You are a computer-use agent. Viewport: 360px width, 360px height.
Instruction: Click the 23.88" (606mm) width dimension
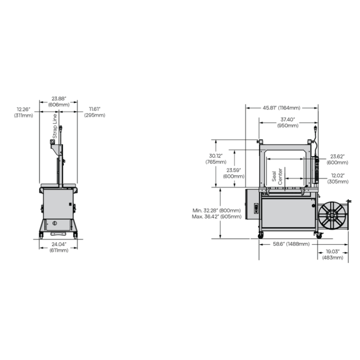click(x=59, y=101)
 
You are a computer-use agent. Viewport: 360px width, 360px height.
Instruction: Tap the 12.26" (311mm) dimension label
click(x=23, y=112)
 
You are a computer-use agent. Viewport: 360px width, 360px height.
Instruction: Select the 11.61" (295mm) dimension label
click(x=94, y=112)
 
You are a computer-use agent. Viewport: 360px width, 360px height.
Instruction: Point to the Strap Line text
click(x=55, y=126)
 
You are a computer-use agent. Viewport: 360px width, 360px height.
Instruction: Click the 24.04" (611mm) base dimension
click(x=59, y=247)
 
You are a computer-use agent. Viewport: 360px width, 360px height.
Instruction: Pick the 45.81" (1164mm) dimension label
click(x=281, y=108)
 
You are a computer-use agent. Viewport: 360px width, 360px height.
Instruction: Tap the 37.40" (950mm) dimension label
click(x=288, y=122)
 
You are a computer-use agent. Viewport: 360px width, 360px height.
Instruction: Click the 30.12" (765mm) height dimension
click(x=216, y=159)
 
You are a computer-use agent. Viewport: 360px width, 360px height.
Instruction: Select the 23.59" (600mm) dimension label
click(x=234, y=173)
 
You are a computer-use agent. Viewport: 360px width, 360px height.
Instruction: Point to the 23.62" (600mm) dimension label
click(x=337, y=159)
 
